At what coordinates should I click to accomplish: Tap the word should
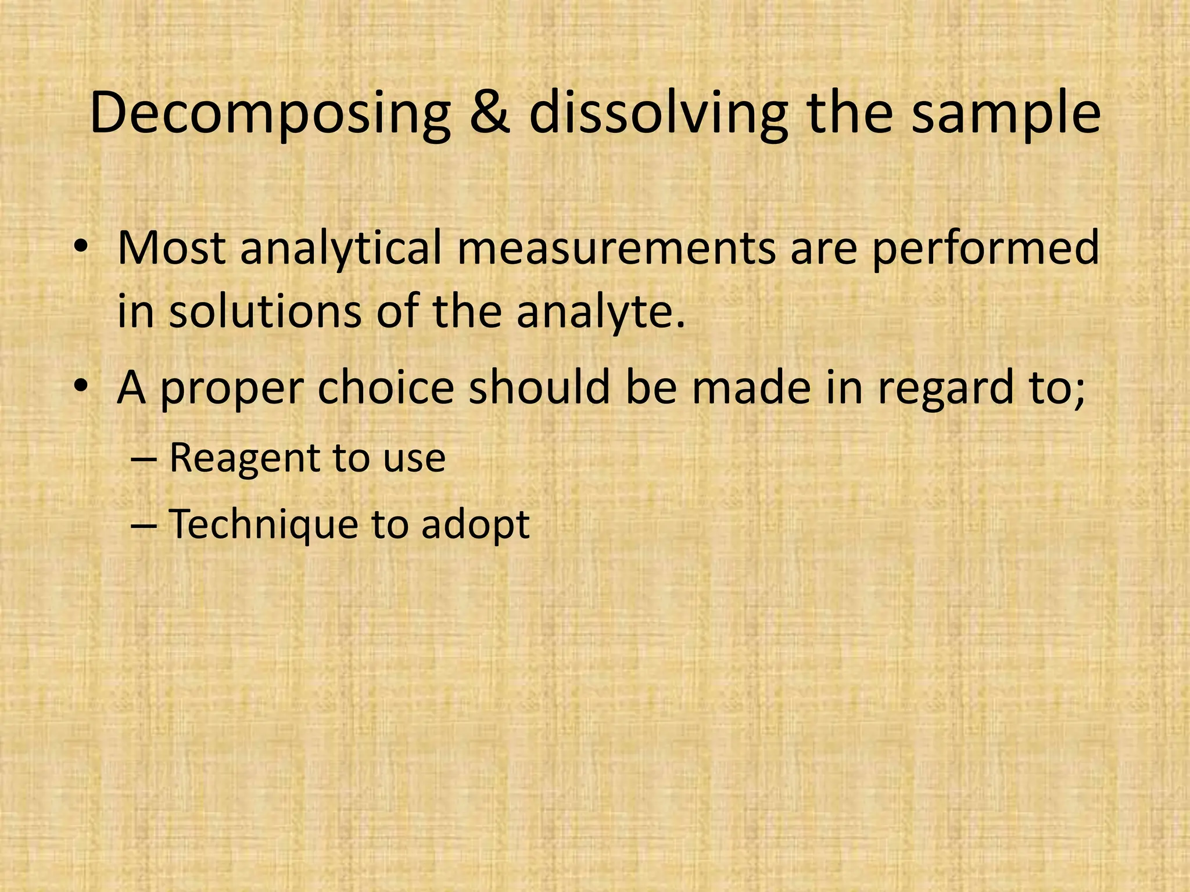coord(540,387)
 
